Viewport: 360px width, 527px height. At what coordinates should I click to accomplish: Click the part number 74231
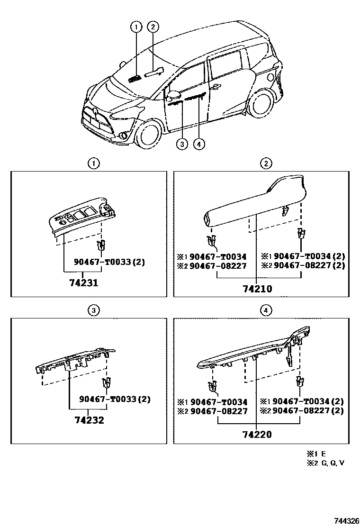click(83, 283)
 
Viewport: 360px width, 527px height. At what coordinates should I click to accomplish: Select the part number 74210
click(256, 288)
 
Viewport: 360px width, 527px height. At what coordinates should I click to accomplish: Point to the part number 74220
click(256, 434)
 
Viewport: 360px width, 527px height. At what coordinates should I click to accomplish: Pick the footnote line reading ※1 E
click(318, 454)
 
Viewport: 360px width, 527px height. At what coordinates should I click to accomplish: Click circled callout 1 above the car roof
click(136, 27)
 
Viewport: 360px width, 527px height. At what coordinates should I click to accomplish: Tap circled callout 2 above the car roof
click(153, 27)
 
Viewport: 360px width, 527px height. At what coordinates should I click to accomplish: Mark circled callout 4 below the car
click(199, 144)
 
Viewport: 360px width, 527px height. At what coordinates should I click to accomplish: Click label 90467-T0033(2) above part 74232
click(115, 399)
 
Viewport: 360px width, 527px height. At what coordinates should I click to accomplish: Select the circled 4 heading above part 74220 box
click(266, 310)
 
